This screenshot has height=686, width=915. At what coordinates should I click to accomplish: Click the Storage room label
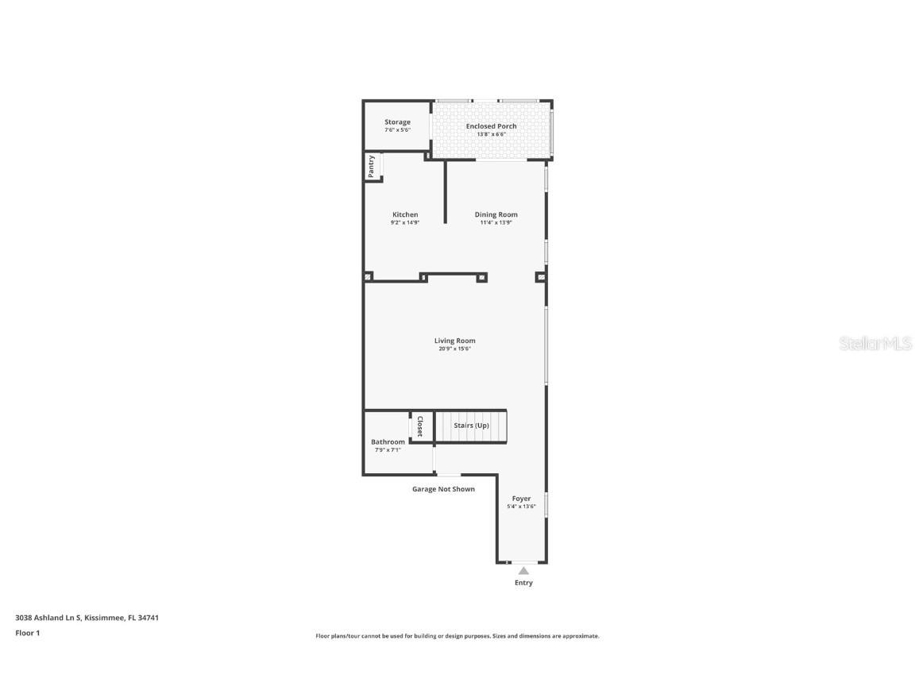pyautogui.click(x=397, y=122)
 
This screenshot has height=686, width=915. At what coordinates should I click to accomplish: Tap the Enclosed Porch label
pyautogui.click(x=491, y=126)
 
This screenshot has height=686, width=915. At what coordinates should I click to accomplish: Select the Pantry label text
pyautogui.click(x=371, y=167)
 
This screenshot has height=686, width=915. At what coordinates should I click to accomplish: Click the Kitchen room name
pyautogui.click(x=405, y=214)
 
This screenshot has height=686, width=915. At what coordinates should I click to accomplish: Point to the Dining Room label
pyautogui.click(x=496, y=214)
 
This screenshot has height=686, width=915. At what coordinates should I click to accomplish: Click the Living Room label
pyautogui.click(x=454, y=341)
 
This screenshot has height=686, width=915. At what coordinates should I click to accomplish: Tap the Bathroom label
pyautogui.click(x=388, y=441)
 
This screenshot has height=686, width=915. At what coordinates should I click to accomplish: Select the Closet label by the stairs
pyautogui.click(x=420, y=426)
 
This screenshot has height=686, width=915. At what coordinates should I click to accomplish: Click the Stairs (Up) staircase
pyautogui.click(x=471, y=426)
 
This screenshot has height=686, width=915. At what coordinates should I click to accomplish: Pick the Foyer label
pyautogui.click(x=521, y=499)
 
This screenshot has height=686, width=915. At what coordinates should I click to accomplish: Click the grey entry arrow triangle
pyautogui.click(x=523, y=570)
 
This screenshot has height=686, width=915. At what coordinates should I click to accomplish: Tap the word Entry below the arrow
pyautogui.click(x=523, y=583)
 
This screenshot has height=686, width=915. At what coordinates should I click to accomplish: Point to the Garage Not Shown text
pyautogui.click(x=443, y=489)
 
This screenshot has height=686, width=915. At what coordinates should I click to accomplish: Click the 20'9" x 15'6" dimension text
pyautogui.click(x=454, y=349)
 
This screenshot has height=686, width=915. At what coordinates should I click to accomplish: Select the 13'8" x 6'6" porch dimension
pyautogui.click(x=491, y=134)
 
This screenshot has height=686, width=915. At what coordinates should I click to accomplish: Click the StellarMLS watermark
pyautogui.click(x=874, y=344)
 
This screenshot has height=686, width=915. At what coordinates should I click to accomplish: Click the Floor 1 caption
pyautogui.click(x=27, y=633)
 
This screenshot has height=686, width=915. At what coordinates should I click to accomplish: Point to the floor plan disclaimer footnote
pyautogui.click(x=457, y=636)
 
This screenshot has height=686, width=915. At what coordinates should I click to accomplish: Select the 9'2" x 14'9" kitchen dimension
pyautogui.click(x=405, y=222)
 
